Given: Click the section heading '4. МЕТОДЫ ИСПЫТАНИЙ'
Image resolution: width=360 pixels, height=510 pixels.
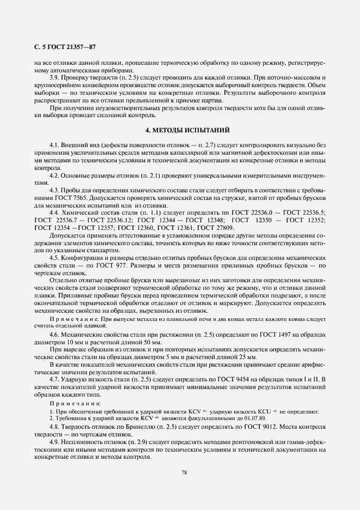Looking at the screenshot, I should pyautogui.click(x=180, y=131).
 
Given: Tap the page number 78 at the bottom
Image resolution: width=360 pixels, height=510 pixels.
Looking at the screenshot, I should pyautogui.click(x=184, y=472).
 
